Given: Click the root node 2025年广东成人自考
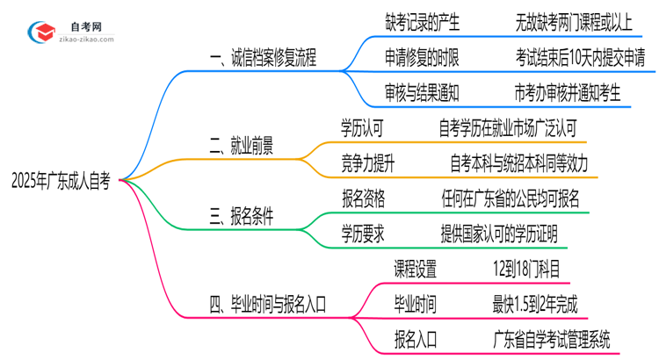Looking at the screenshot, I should (x=61, y=180).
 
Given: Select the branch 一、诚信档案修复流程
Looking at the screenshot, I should (x=250, y=59).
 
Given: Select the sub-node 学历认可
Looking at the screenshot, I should (x=362, y=128).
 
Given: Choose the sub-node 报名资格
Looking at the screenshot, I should (x=362, y=198).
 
